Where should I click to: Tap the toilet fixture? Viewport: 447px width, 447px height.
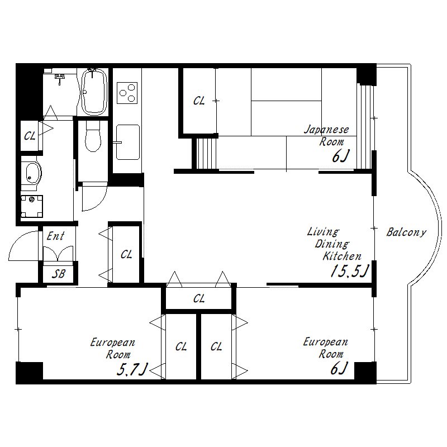tap(93, 136)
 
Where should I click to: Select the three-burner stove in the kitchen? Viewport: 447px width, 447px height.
tap(127, 93)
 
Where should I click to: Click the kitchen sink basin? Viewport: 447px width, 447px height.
tap(128, 142)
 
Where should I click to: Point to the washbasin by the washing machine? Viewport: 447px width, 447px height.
tap(32, 173)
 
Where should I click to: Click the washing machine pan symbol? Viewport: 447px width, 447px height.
tap(32, 206)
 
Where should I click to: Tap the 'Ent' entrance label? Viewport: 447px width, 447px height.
tap(55, 236)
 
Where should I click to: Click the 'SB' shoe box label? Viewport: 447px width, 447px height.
tap(59, 274)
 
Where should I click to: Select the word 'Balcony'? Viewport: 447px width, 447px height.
tap(406, 232)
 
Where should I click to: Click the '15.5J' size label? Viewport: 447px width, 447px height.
tap(350, 270)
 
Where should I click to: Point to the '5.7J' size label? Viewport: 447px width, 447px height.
tap(132, 370)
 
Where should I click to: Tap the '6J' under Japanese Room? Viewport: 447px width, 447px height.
tap(341, 156)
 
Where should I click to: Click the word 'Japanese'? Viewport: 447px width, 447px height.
tap(327, 130)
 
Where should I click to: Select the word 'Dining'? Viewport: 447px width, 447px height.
tap(332, 244)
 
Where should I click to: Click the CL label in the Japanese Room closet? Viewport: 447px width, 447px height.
tap(199, 101)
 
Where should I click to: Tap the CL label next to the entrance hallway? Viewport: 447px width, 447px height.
tap(126, 254)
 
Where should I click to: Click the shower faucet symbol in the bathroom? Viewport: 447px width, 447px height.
tap(60, 78)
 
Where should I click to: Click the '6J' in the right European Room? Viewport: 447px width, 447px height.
tap(339, 368)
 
